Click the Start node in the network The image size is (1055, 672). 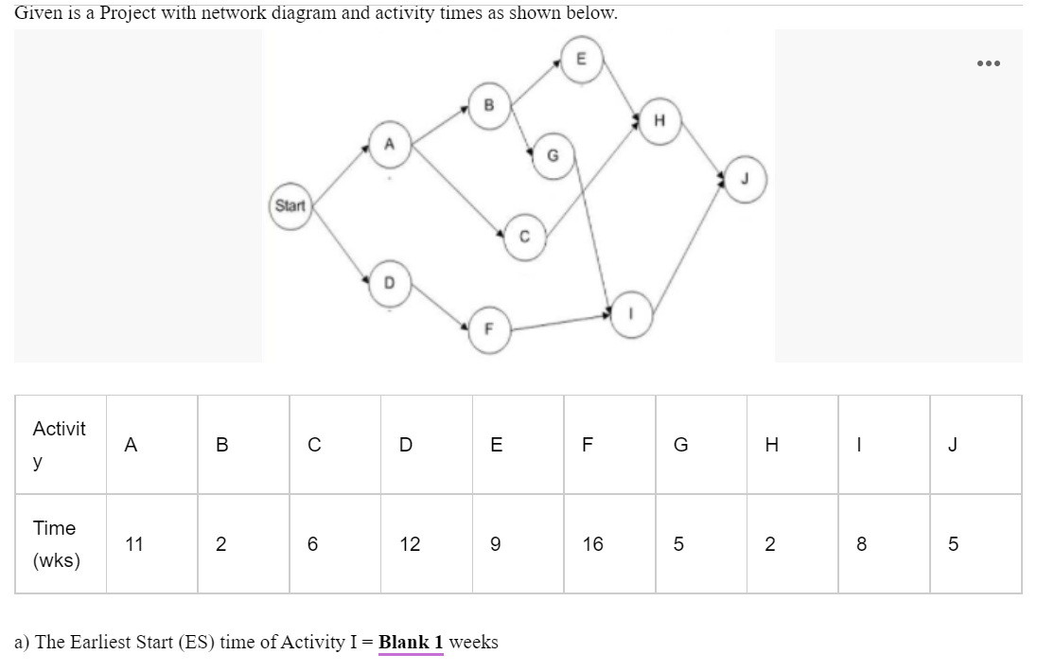pos(290,204)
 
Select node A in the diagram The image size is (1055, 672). pos(388,143)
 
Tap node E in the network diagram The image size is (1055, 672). pos(581,60)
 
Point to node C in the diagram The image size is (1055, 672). pos(523,237)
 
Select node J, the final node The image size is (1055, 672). pos(745,180)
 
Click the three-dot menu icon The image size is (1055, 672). pos(987,63)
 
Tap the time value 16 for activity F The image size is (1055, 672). pos(592,544)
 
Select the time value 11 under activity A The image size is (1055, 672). pos(134,544)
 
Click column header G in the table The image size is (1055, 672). pos(679,445)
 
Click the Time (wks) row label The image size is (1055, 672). pos(56,544)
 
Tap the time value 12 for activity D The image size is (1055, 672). pos(410,544)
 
